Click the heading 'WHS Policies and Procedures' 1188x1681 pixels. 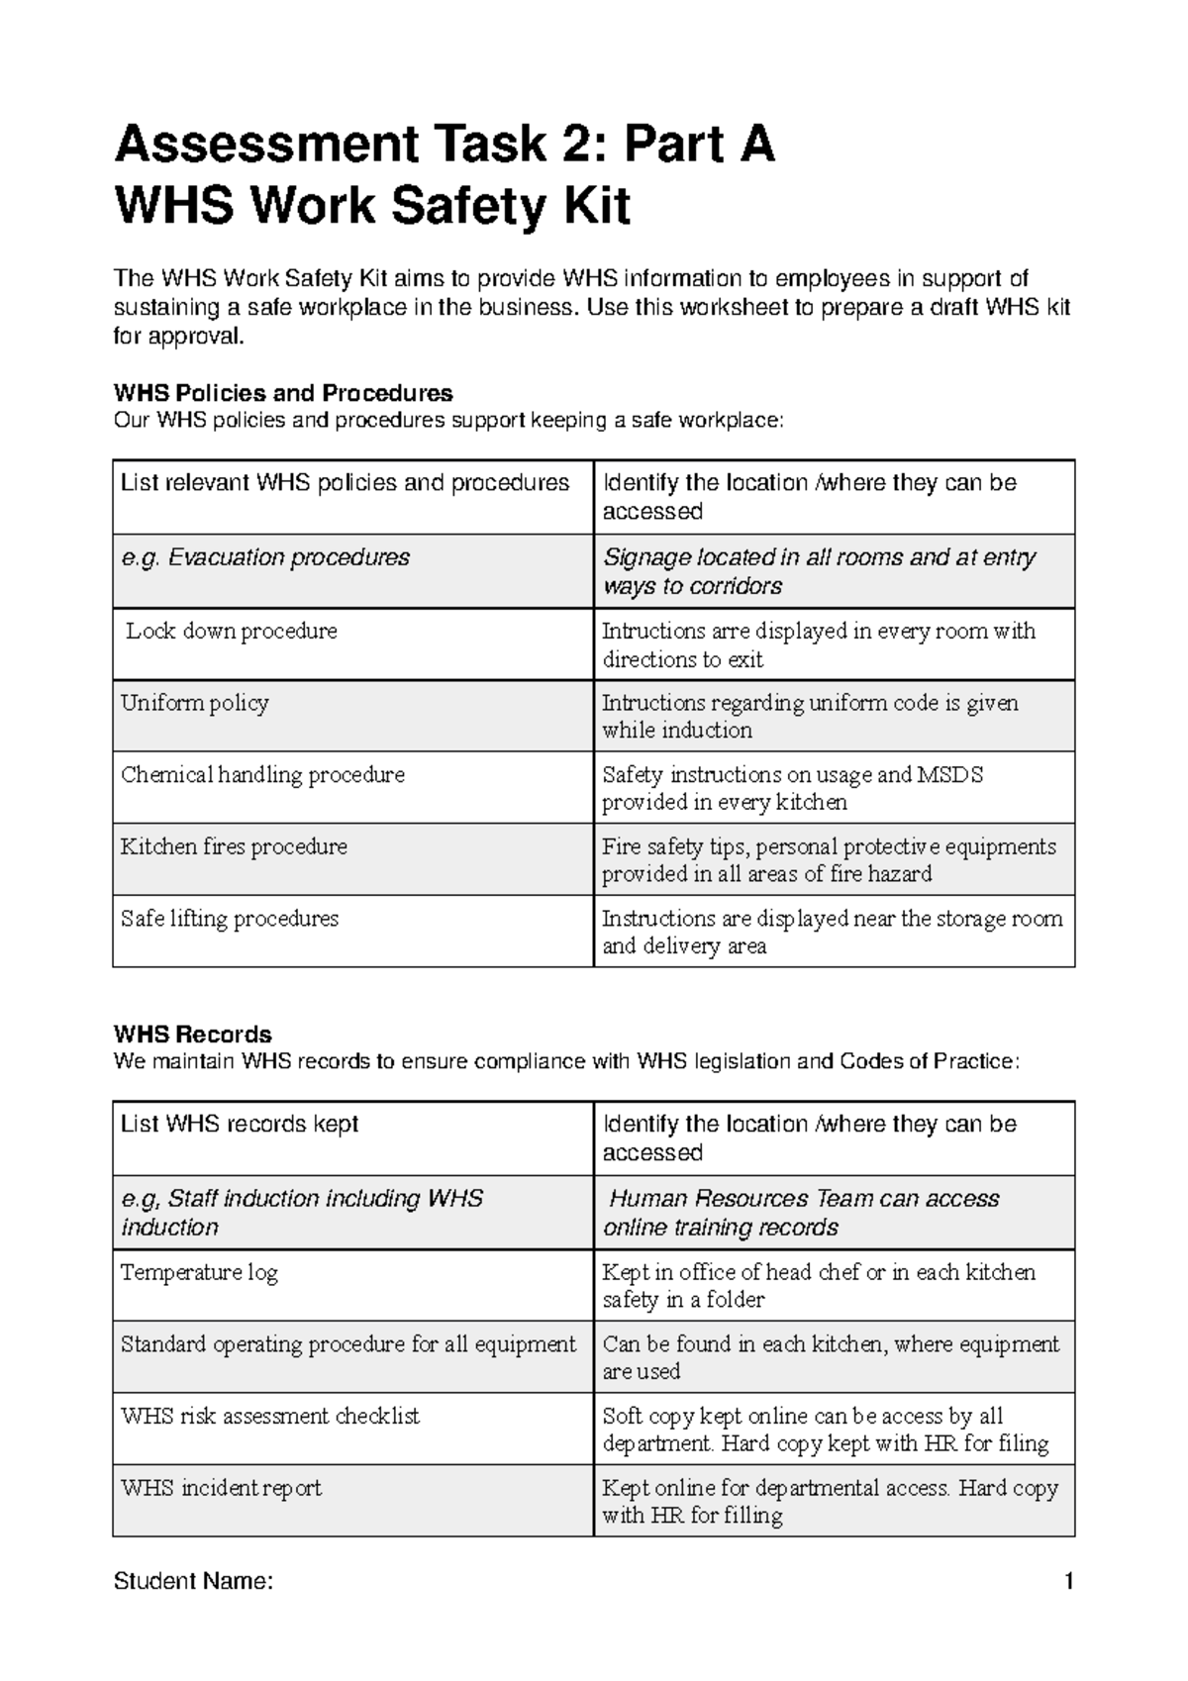(x=283, y=393)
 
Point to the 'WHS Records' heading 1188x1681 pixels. (x=193, y=1035)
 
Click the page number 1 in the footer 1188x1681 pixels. (x=1068, y=1581)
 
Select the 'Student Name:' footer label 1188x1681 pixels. (x=193, y=1581)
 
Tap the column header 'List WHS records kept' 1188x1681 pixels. (x=240, y=1125)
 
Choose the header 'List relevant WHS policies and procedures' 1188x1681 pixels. (x=345, y=483)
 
